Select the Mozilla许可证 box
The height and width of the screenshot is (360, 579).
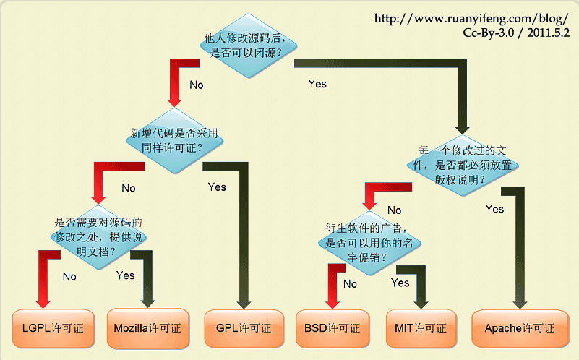click(x=147, y=327)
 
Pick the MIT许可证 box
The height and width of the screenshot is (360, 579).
click(x=421, y=327)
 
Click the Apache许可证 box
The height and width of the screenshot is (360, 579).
click(x=519, y=327)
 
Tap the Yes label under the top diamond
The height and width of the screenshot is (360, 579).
click(x=317, y=84)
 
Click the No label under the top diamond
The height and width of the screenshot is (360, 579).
click(x=197, y=85)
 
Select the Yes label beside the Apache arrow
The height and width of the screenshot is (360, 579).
click(x=494, y=209)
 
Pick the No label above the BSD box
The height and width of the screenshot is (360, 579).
click(x=351, y=284)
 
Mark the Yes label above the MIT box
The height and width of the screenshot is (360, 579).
click(x=400, y=283)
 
